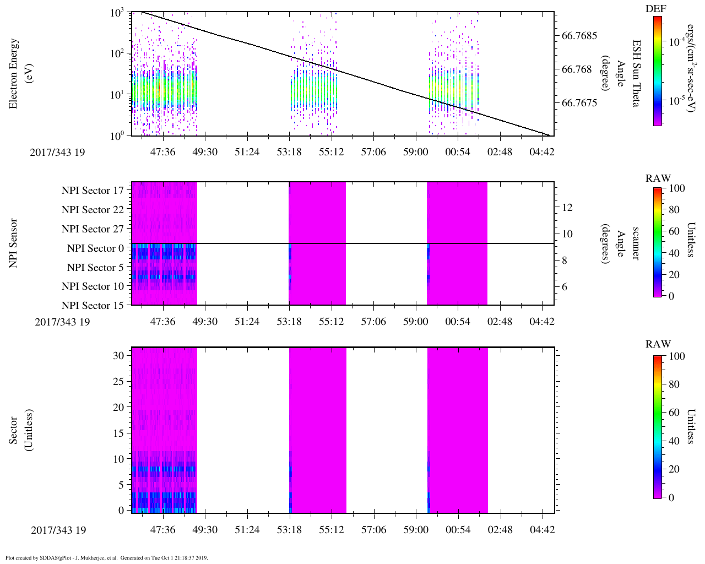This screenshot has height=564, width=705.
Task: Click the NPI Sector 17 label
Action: pos(93,191)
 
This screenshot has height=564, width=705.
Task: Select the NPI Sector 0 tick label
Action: pos(96,248)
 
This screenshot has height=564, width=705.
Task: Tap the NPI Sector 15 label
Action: pos(93,306)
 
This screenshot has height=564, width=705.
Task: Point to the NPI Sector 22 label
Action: pos(93,210)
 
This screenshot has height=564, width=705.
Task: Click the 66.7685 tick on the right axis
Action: pos(579,36)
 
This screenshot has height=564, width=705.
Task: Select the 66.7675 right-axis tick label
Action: pos(579,103)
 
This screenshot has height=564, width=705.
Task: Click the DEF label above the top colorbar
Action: pos(656,9)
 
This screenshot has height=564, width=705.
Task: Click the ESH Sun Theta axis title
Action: pos(636,73)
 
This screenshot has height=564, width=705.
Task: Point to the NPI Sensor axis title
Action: pos(13,243)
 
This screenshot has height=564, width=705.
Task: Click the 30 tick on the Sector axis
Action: pos(118,356)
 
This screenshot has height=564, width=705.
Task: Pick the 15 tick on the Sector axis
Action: pos(118,433)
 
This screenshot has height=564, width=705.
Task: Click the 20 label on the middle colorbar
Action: pos(674,274)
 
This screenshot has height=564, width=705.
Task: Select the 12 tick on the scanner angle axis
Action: pos(567,208)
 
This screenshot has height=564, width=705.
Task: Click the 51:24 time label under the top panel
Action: pos(247,152)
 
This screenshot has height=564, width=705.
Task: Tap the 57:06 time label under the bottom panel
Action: pos(373,530)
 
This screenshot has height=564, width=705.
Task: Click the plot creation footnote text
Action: pos(107,558)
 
